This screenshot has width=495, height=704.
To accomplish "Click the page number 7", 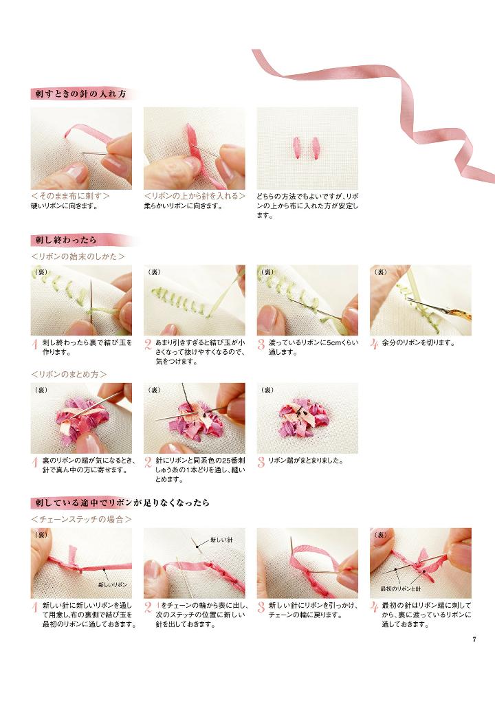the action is (474, 640).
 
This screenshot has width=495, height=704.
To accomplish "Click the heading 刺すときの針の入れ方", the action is (81, 94).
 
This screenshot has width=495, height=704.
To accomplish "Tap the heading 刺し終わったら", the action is (66, 240).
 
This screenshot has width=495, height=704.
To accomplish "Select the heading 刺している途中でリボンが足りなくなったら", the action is (122, 503).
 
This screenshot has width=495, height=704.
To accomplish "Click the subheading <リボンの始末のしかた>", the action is (78, 256).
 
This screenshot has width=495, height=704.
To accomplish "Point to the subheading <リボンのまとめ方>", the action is (69, 374).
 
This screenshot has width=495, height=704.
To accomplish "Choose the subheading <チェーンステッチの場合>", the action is (81, 520).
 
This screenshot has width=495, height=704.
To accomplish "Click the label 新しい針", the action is (221, 540).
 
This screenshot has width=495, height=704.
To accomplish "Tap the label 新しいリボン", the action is (112, 584).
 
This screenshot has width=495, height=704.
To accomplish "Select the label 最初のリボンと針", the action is (401, 588).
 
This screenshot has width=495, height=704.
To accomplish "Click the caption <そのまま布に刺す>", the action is (71, 196).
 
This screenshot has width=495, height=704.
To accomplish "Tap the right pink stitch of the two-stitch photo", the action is (315, 148).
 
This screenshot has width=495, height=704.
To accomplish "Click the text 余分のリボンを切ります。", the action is (419, 343).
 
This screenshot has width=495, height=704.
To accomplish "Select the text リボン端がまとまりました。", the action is (305, 461).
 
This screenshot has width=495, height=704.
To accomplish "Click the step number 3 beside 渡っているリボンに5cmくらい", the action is (261, 345).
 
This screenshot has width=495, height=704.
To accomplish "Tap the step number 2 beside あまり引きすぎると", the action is (148, 345).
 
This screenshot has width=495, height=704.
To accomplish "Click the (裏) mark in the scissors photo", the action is (380, 272).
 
